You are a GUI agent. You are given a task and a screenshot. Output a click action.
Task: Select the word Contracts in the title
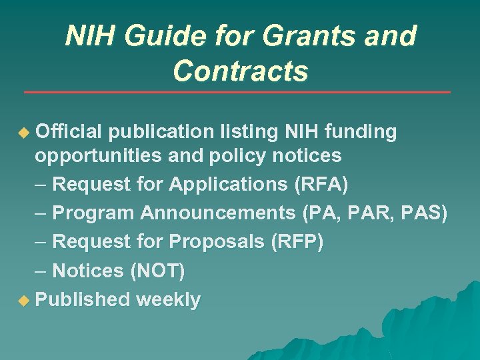[x=241, y=71]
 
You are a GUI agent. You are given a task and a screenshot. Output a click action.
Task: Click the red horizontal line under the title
[x=237, y=92]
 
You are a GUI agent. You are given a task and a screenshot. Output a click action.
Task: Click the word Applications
[x=230, y=184]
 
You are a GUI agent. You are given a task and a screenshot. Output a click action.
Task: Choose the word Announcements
[x=219, y=213]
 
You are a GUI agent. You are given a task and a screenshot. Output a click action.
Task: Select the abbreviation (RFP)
[x=297, y=241]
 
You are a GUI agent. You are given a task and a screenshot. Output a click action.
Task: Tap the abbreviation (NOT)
[x=158, y=271]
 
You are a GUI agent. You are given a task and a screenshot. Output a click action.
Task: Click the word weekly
[x=168, y=300]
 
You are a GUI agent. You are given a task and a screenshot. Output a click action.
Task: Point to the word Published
[x=82, y=300]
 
